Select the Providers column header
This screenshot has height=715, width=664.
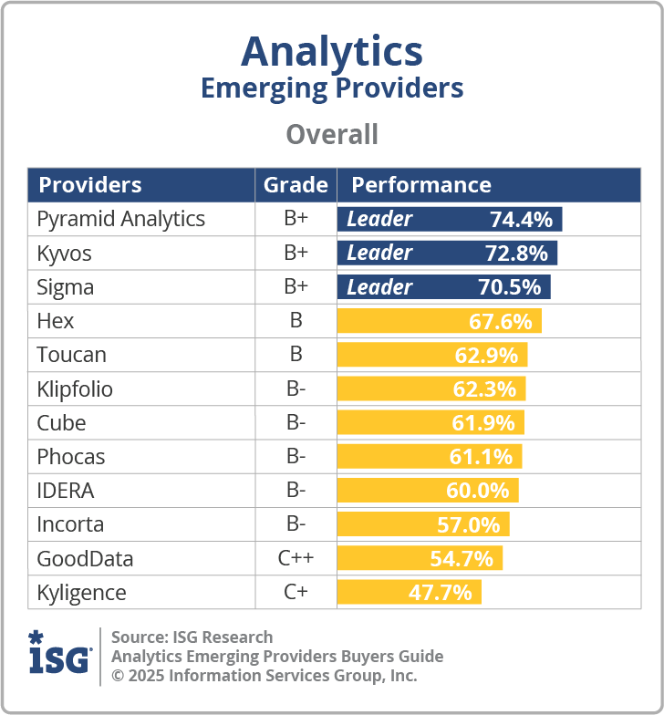click(90, 185)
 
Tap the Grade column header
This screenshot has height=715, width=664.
click(296, 185)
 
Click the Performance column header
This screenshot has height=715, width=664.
click(421, 185)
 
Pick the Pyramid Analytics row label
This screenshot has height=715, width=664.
click(120, 219)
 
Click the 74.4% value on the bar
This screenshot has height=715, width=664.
click(521, 219)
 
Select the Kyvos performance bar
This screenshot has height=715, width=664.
click(447, 253)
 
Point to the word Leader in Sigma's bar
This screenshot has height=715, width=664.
click(379, 287)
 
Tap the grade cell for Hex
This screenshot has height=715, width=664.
click(296, 321)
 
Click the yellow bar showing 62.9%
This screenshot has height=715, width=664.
click(432, 355)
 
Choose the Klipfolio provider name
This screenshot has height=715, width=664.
click(75, 389)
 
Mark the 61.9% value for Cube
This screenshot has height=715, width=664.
click(482, 423)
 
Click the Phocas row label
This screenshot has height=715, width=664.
click(71, 457)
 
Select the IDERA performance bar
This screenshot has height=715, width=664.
click(428, 491)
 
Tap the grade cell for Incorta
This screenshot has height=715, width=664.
click(296, 524)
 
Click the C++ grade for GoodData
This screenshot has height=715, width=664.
click(296, 558)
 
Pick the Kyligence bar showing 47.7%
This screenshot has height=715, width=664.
click(409, 593)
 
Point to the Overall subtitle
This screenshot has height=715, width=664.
click(332, 134)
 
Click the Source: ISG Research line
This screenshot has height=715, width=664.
click(192, 637)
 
